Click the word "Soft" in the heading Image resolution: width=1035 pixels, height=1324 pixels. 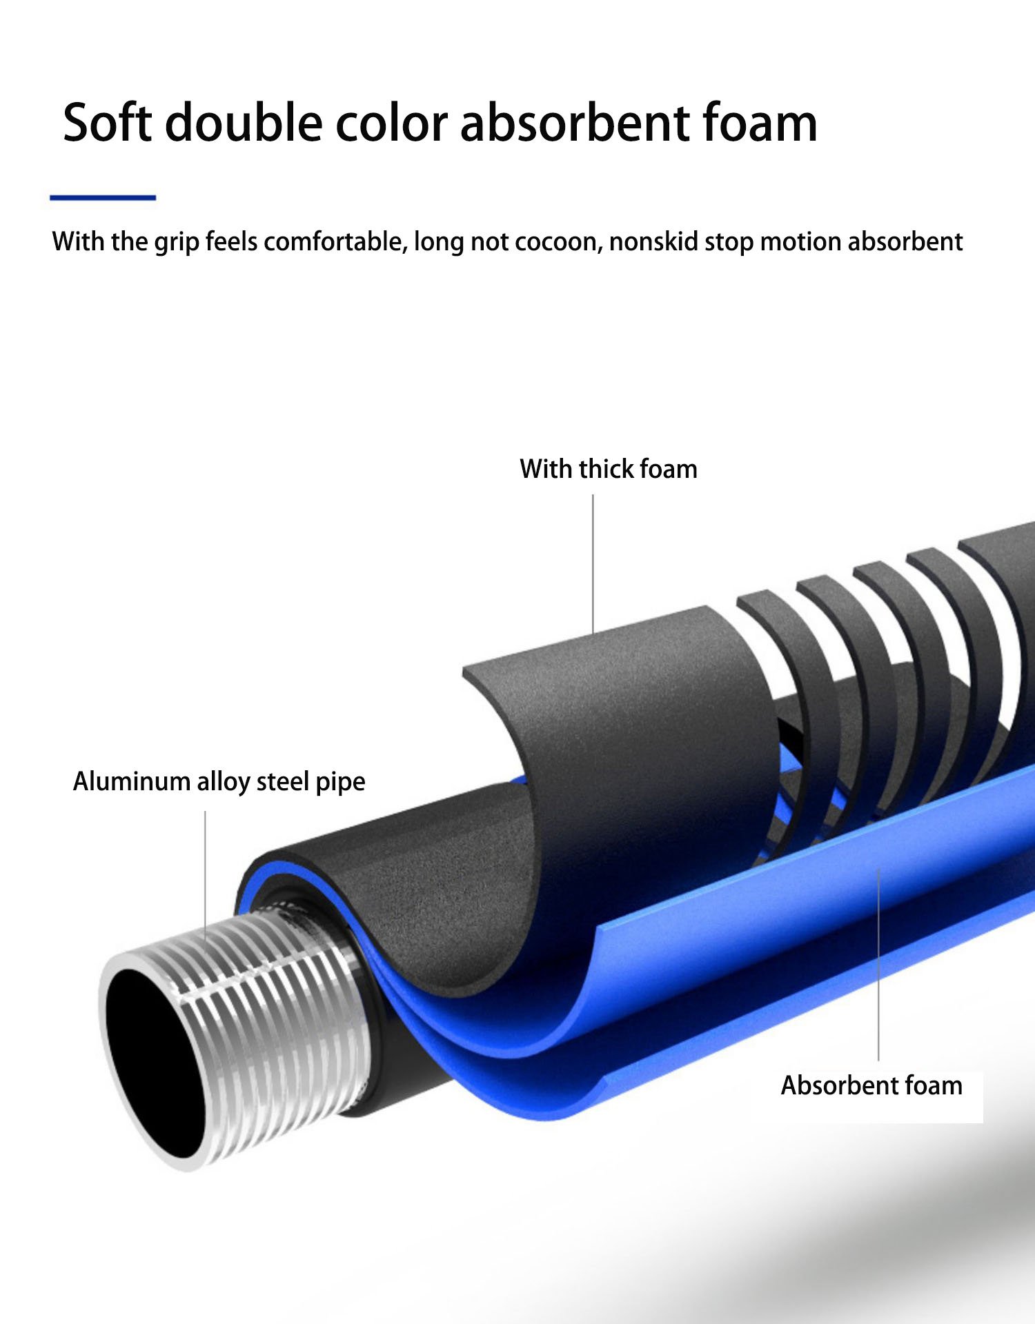[107, 122]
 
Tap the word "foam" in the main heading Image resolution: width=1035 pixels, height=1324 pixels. [760, 122]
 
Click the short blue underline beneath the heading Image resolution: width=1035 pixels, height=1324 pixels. [103, 198]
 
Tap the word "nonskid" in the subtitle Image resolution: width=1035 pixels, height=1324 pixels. [653, 242]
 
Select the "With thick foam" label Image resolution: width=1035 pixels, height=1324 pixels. [609, 469]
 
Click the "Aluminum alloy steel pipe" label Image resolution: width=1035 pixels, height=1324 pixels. [219, 782]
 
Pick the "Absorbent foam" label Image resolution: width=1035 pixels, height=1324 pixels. [871, 1085]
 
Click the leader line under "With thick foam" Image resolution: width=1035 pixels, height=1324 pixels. [593, 563]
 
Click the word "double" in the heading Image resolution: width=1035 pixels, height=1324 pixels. [244, 122]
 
